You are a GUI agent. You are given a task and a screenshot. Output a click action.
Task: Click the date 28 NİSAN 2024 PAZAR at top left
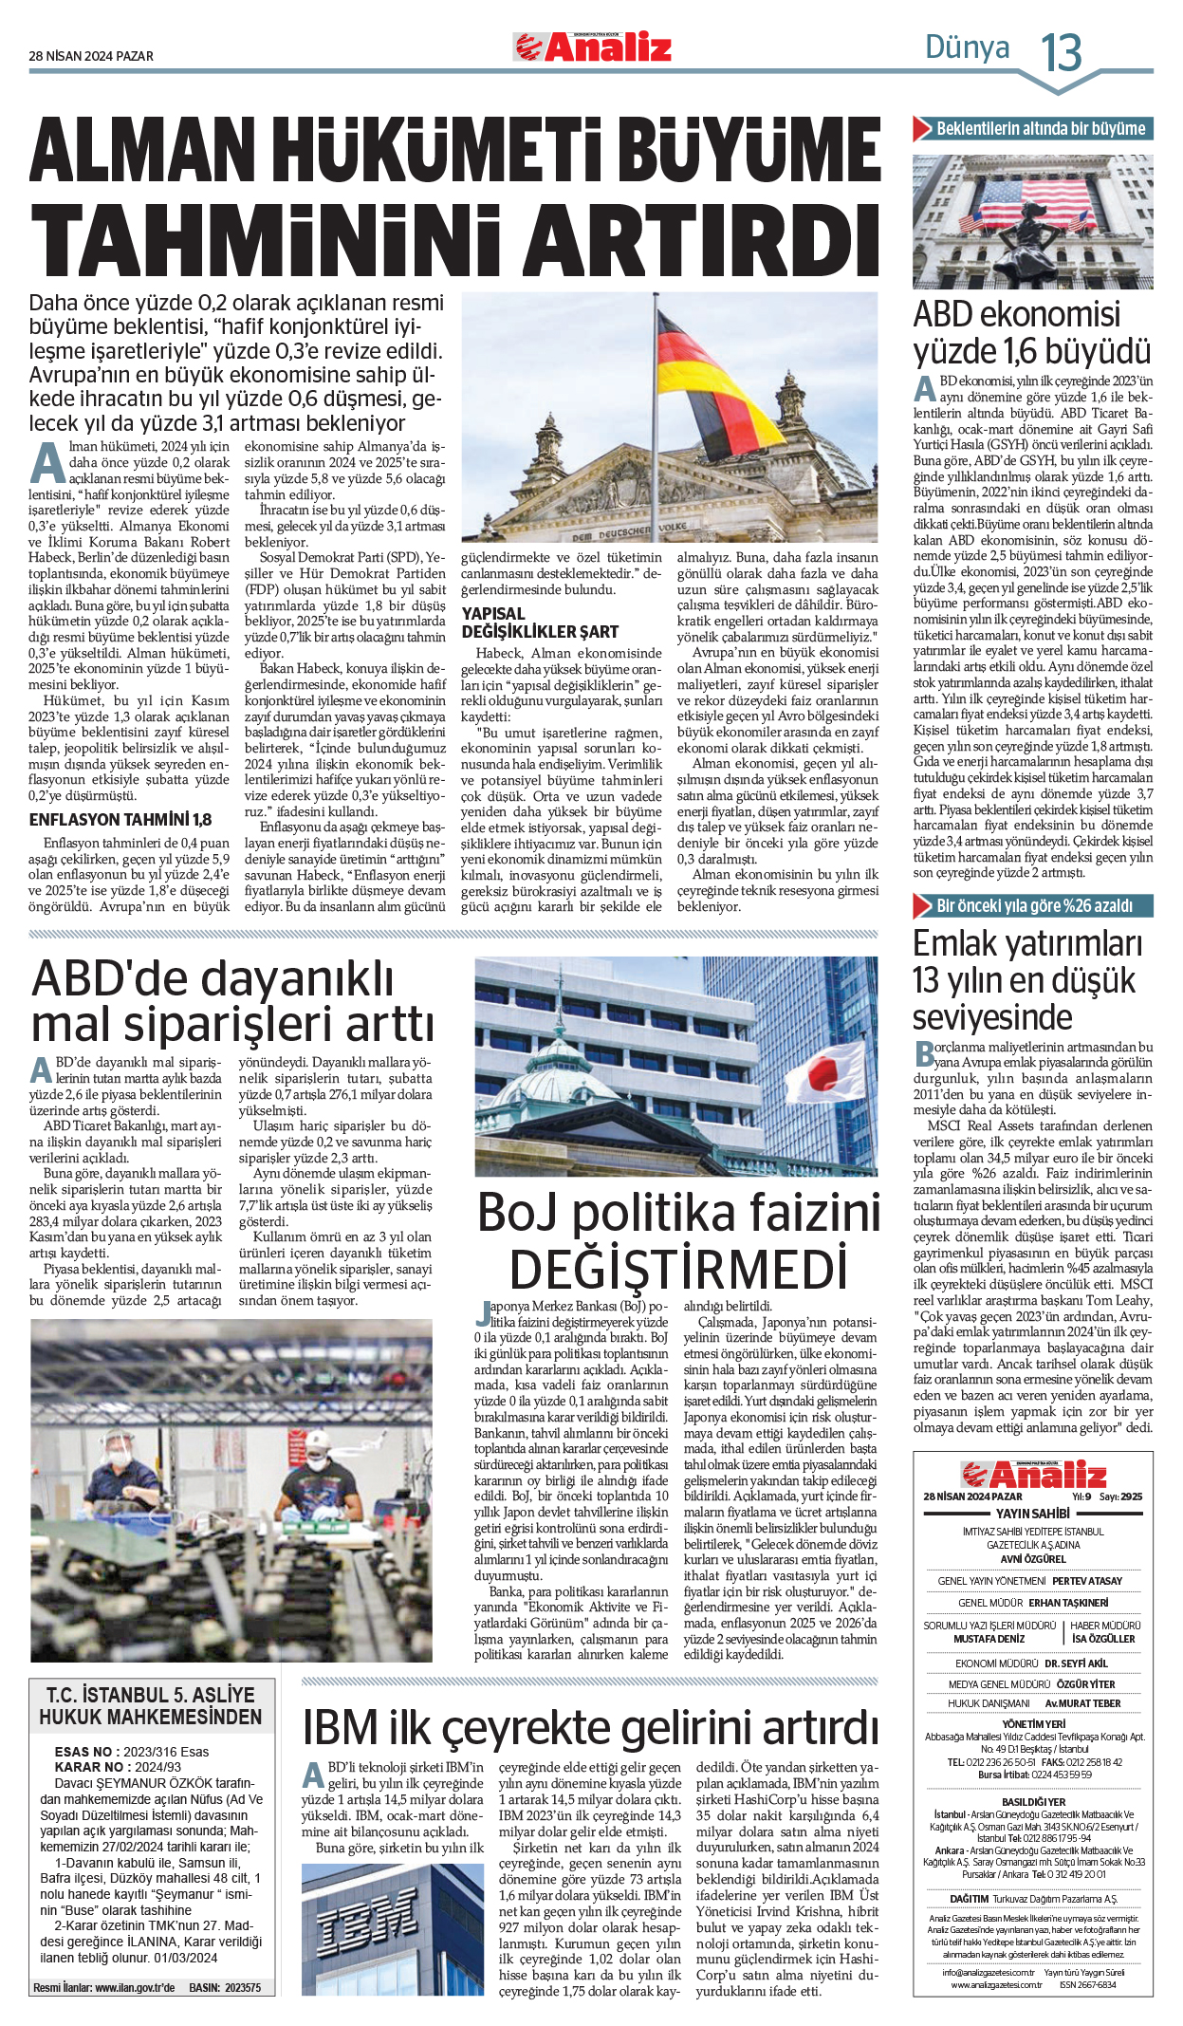click(x=91, y=56)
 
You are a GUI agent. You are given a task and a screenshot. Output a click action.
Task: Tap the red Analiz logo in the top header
click(x=593, y=46)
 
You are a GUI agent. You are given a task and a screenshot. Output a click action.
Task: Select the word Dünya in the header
click(x=967, y=47)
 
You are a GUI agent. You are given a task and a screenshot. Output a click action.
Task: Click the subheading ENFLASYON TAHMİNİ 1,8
click(x=120, y=820)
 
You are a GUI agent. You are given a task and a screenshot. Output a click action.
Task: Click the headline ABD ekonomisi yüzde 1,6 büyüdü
click(x=1031, y=333)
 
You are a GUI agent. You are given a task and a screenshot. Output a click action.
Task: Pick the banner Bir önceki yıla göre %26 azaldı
click(x=1034, y=906)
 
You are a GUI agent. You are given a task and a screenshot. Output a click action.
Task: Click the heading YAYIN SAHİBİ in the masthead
click(x=1032, y=1514)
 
